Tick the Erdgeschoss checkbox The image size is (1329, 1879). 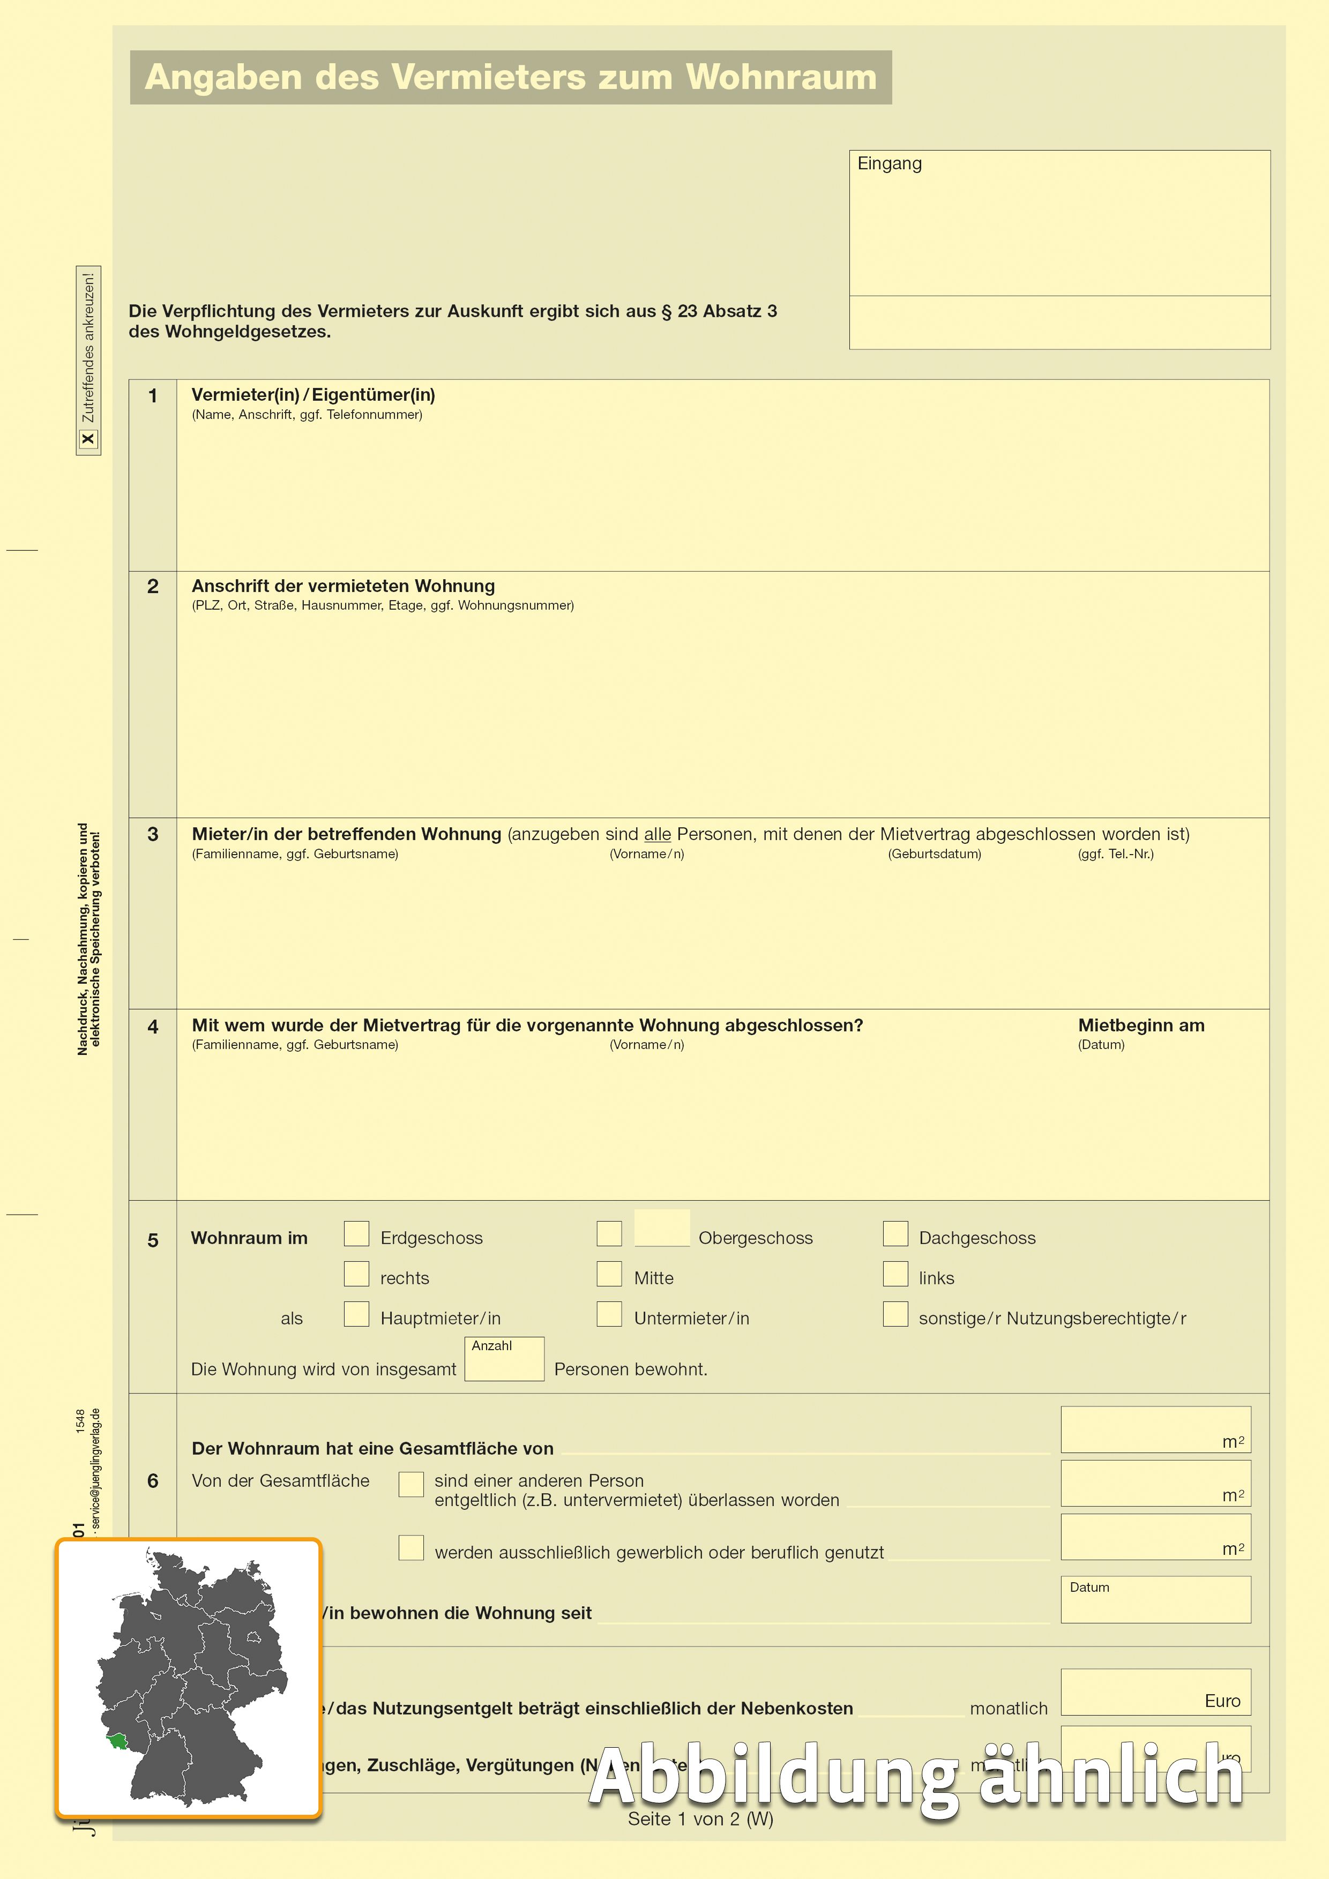356,1233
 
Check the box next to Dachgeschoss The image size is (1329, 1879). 895,1233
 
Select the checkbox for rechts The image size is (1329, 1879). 356,1274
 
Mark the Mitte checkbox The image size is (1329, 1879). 609,1274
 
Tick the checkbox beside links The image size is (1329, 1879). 895,1274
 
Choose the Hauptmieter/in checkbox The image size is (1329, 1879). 356,1314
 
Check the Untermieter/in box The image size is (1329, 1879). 609,1314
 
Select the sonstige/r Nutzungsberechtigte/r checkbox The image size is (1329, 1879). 895,1314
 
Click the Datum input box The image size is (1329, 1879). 1155,1603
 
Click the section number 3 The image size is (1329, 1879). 153,834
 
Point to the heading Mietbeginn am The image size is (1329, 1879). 1141,1025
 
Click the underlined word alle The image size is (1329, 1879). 657,834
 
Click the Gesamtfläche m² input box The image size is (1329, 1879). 1155,1429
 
